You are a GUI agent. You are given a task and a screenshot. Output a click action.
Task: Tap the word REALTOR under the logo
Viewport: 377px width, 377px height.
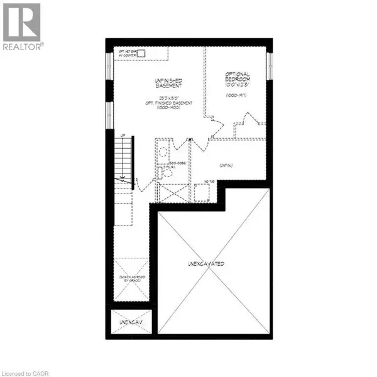click(x=23, y=46)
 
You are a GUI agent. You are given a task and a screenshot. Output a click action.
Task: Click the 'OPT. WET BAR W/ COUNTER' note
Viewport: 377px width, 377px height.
click(x=128, y=52)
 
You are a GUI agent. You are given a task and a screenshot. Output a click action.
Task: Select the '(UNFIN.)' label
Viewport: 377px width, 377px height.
click(x=227, y=165)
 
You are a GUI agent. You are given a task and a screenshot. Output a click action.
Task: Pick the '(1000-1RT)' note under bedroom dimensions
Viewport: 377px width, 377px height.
click(x=239, y=95)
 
